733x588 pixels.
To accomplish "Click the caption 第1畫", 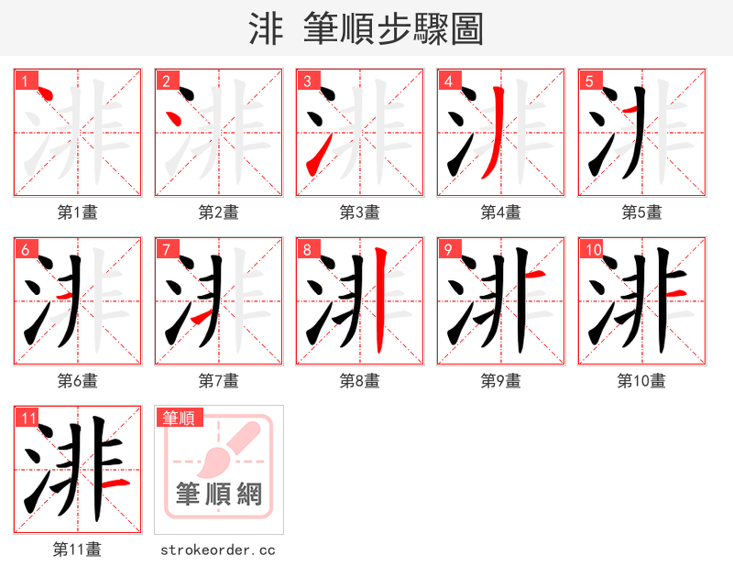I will click(78, 212).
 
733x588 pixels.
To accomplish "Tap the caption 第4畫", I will click(501, 212).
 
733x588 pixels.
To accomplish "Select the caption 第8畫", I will click(360, 381).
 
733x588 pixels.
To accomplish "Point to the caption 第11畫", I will click(78, 550).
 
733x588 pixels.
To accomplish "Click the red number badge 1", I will click(23, 81).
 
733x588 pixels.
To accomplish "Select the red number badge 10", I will click(592, 249).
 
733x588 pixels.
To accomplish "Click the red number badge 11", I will click(28, 418).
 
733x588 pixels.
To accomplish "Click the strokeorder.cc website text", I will click(218, 550).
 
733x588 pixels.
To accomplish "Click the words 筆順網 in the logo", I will click(219, 495).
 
